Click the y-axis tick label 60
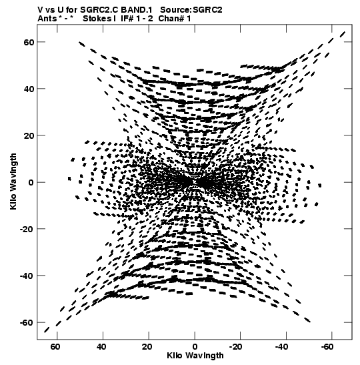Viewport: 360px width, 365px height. coord(29,42)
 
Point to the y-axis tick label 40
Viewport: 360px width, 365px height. coord(29,89)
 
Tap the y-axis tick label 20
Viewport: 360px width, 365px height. coord(29,135)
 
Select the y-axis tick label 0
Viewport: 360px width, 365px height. coord(31,182)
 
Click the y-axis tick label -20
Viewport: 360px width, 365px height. coord(27,229)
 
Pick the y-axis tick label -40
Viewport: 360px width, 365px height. coord(27,276)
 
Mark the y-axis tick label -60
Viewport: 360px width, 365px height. coord(27,323)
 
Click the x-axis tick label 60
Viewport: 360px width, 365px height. coord(55,347)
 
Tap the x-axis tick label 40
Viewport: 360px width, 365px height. coord(101,347)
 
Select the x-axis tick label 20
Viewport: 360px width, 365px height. coord(147,347)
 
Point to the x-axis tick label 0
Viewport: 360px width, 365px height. coord(195,347)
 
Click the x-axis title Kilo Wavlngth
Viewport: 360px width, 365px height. coord(195,356)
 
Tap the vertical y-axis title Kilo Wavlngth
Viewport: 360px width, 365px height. coord(13,181)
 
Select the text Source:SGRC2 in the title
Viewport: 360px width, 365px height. coord(191,10)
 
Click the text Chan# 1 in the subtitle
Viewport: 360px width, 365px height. coord(175,19)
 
